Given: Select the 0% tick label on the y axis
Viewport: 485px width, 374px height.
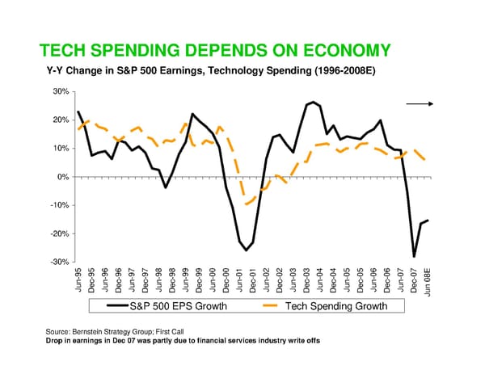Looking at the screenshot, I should pos(65,177).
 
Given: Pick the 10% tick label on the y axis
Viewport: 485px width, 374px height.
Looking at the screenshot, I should pos(62,149).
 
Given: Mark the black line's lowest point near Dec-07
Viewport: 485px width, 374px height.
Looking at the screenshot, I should pos(414,256).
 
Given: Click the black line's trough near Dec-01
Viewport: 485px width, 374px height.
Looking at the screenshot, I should pos(247,250).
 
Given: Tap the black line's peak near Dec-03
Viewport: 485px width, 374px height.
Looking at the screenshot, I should pos(313,103).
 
